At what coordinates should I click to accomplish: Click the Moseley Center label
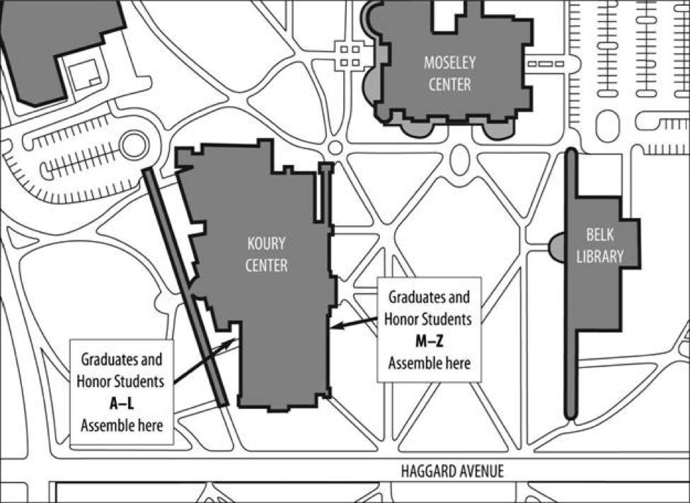[449, 73]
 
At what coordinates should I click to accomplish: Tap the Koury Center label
[267, 255]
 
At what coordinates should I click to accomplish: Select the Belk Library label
[599, 245]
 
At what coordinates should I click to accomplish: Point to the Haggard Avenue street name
[453, 472]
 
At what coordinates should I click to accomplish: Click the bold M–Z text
[428, 342]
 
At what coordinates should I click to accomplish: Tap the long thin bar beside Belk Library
[571, 283]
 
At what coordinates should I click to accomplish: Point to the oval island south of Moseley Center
[460, 159]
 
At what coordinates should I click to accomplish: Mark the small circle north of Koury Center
[335, 148]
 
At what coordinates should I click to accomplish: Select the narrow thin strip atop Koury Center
[326, 191]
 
